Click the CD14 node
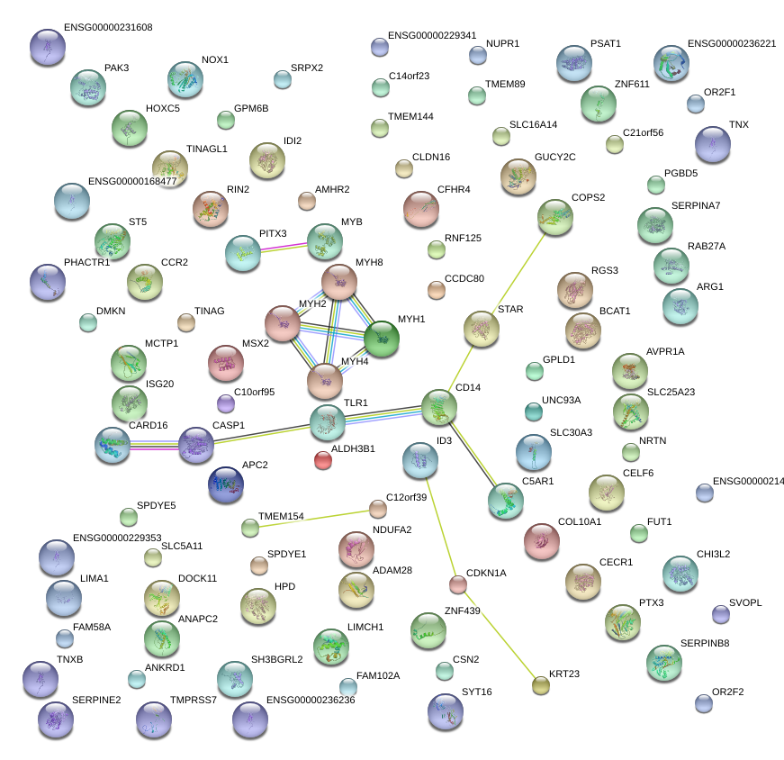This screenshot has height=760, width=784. click(x=439, y=408)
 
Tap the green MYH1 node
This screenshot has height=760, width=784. click(x=382, y=338)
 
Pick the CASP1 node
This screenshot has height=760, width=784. click(x=196, y=445)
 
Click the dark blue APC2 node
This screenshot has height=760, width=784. click(x=225, y=484)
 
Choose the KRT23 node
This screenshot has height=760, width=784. click(x=540, y=686)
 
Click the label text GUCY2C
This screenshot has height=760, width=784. click(x=554, y=157)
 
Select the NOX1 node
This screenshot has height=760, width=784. click(x=185, y=80)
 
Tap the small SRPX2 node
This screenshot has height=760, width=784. click(x=283, y=79)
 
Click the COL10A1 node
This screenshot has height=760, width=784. click(x=542, y=540)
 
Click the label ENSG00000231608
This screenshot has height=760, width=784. click(x=108, y=28)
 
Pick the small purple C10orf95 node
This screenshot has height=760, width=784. click(x=226, y=403)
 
